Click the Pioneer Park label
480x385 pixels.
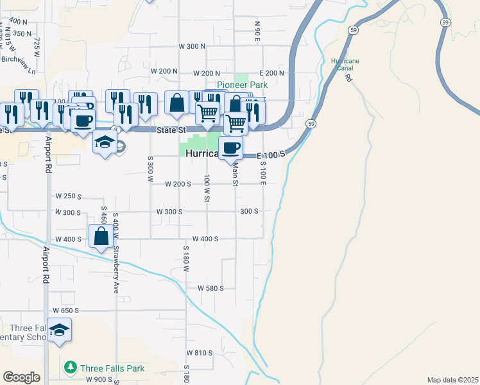242,85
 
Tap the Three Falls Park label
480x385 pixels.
112,368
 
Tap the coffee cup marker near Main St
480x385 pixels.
231,148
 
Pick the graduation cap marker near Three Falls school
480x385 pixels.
59,330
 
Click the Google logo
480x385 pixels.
21,377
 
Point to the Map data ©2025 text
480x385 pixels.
452,380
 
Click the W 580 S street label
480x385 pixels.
210,289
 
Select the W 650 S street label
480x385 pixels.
66,310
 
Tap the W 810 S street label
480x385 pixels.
200,353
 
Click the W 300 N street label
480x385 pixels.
192,47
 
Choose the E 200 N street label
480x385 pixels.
271,73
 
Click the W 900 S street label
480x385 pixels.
99,380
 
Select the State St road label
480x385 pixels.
171,130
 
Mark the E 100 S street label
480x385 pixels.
270,155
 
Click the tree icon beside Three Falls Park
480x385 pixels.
71,368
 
